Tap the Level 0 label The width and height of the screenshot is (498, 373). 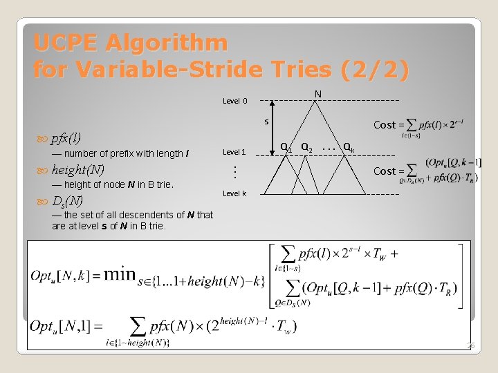pos(234,101)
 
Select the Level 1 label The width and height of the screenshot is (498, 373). pos(234,152)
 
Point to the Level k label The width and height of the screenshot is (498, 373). pos(234,193)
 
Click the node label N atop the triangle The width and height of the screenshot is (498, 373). pos(317,94)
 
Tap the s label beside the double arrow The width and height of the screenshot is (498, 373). pos(266,122)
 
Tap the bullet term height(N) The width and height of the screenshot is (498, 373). pos(77,169)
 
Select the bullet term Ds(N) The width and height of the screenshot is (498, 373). pos(67,201)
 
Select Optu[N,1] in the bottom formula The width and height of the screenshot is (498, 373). pos(63,325)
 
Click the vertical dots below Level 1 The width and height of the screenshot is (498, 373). pos(234,170)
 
